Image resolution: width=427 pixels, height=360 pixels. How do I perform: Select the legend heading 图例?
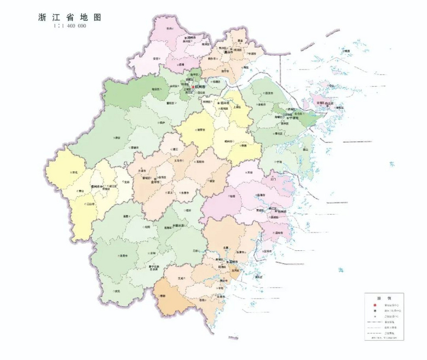coord(383,296)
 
